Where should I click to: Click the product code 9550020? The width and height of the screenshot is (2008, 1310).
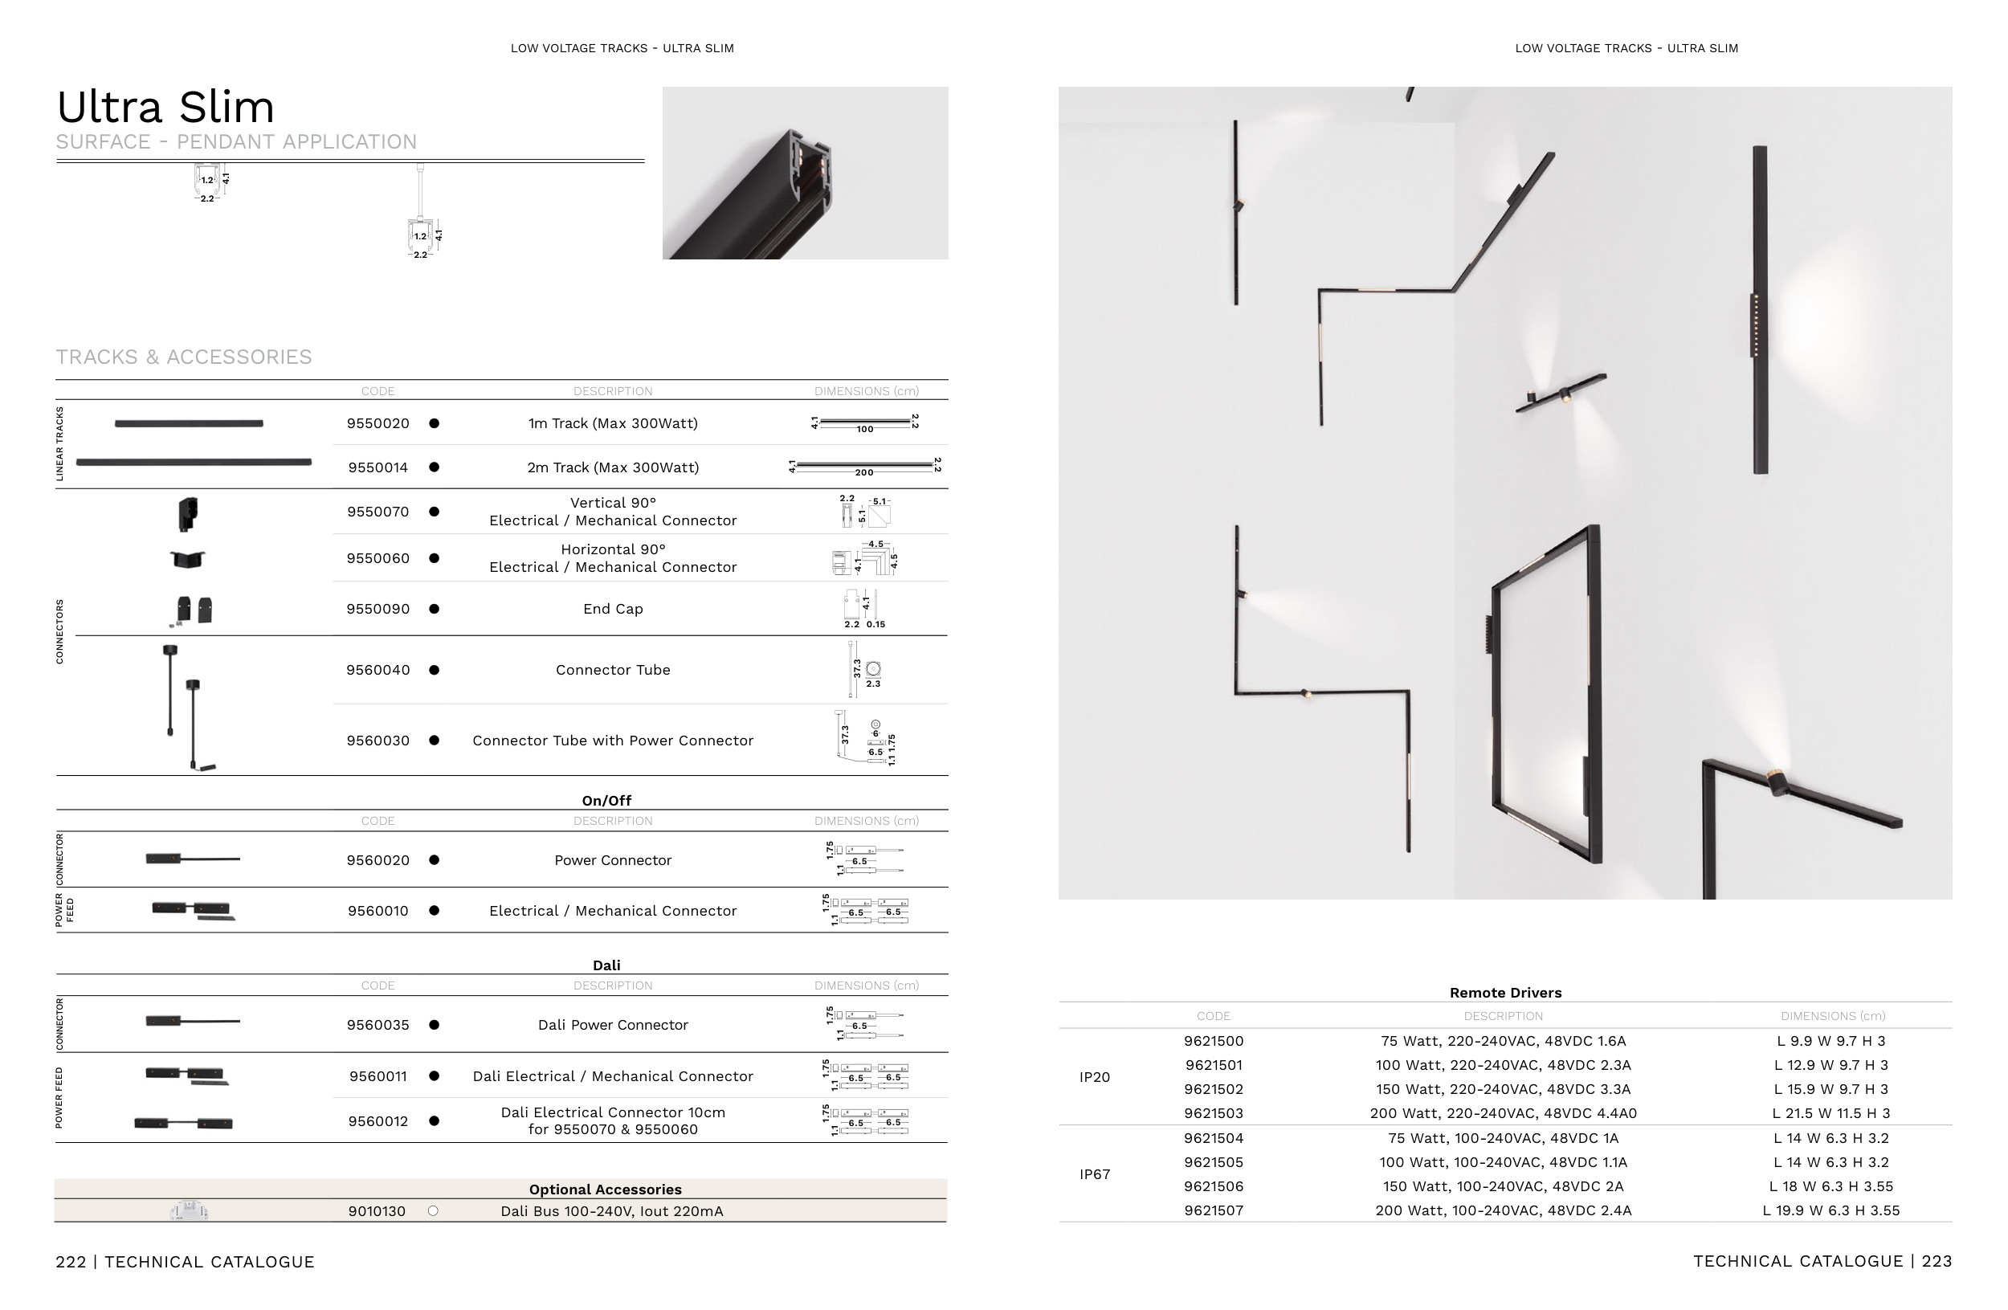[378, 423]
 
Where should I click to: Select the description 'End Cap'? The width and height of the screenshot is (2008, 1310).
[613, 609]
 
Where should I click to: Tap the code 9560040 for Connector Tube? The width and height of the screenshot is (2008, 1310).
[378, 670]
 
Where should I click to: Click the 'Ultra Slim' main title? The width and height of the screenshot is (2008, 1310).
[165, 107]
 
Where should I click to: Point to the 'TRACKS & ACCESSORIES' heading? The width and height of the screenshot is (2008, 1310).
[184, 357]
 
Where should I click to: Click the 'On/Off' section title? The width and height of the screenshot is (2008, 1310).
[606, 801]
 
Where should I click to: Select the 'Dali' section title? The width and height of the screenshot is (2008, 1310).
[606, 965]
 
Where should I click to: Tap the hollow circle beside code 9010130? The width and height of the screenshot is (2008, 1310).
[433, 1211]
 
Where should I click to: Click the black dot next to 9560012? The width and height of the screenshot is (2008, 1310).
[434, 1121]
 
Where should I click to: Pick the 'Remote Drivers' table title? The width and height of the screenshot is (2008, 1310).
[1505, 993]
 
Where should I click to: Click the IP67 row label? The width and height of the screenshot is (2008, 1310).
[1094, 1174]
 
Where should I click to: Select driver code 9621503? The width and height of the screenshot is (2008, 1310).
[1214, 1113]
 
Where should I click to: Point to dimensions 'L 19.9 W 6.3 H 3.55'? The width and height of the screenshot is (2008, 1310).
[1830, 1210]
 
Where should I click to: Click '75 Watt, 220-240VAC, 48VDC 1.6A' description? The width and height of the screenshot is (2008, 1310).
[1503, 1041]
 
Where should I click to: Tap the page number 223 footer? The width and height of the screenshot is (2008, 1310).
[1937, 1261]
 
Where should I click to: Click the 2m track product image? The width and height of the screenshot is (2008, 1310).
[194, 463]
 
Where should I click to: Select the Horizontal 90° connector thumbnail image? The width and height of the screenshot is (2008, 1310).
[187, 559]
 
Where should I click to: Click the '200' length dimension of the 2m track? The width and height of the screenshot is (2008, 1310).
[864, 472]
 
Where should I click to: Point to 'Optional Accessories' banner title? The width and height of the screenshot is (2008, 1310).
[605, 1190]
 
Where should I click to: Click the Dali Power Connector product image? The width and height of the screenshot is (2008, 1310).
[192, 1022]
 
